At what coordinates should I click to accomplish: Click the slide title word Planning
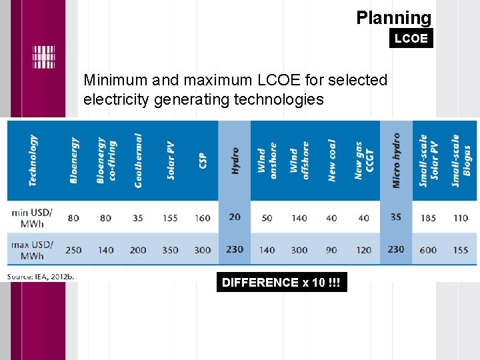coord(393,17)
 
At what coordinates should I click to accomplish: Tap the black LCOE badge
coord(411,39)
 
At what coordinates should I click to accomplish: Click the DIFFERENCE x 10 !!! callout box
coord(281,283)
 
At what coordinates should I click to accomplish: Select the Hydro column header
coord(235,161)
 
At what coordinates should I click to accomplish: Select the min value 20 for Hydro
coord(235,217)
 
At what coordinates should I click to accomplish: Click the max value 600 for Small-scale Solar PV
coord(428,250)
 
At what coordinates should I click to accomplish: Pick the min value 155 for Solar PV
coord(170,217)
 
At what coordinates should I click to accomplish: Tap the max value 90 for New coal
coord(331,250)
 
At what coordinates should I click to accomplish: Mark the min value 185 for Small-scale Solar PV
coord(428,217)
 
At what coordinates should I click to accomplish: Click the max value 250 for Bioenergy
coord(73,250)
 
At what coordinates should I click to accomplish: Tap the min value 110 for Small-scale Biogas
coord(460,217)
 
